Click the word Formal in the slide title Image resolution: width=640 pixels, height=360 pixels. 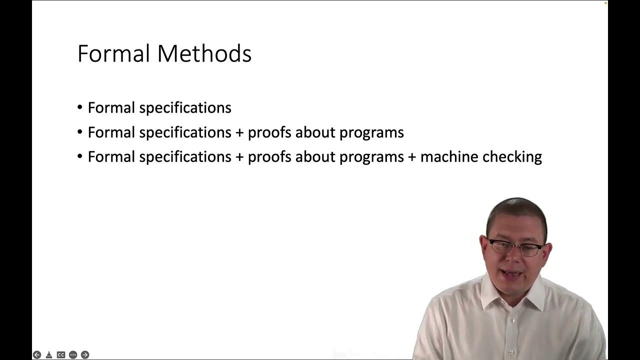click(113, 53)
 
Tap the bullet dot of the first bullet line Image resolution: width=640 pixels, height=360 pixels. click(80, 107)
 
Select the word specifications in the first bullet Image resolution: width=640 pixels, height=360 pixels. click(185, 108)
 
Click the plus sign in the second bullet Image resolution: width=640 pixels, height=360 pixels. click(239, 132)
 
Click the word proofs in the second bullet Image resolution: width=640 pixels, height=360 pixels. click(269, 132)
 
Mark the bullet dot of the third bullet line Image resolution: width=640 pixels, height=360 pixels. click(80, 156)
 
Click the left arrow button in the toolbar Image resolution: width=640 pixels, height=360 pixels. click(37, 354)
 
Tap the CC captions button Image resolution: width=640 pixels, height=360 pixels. click(61, 354)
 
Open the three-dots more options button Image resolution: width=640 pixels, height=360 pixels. click(73, 354)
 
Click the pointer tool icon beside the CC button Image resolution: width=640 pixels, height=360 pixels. click(49, 354)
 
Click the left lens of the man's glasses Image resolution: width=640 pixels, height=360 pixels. click(500, 246)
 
